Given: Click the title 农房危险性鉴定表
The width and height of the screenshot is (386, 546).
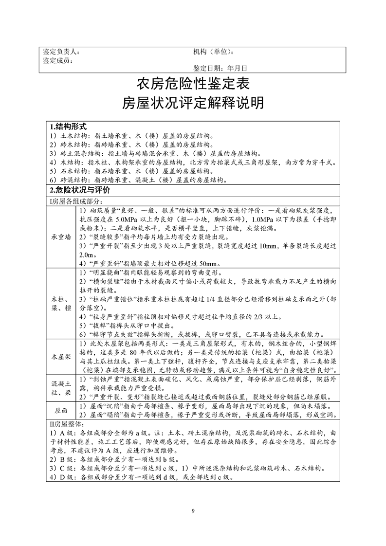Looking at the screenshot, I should [x=193, y=84].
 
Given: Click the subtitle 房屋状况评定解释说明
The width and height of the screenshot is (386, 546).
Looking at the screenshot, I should [x=193, y=103].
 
